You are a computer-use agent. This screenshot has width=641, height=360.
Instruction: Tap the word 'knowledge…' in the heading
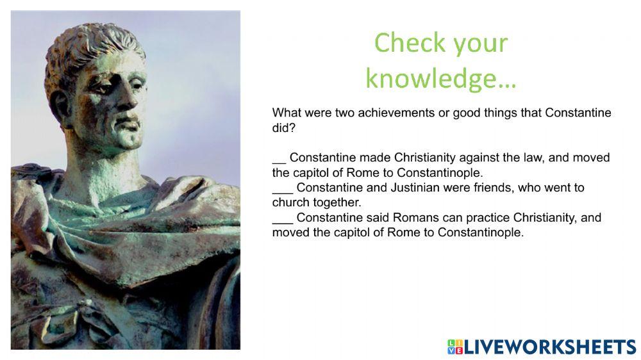pos(440,79)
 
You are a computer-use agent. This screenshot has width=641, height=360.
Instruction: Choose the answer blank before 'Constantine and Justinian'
pos(282,188)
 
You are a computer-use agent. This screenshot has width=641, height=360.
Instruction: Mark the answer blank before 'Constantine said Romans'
pos(282,218)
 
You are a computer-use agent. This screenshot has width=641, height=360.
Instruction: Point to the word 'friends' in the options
pos(510,188)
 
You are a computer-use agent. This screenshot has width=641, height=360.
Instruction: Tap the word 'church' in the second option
pos(290,202)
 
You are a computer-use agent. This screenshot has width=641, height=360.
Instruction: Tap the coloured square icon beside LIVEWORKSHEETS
pos(454,347)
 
